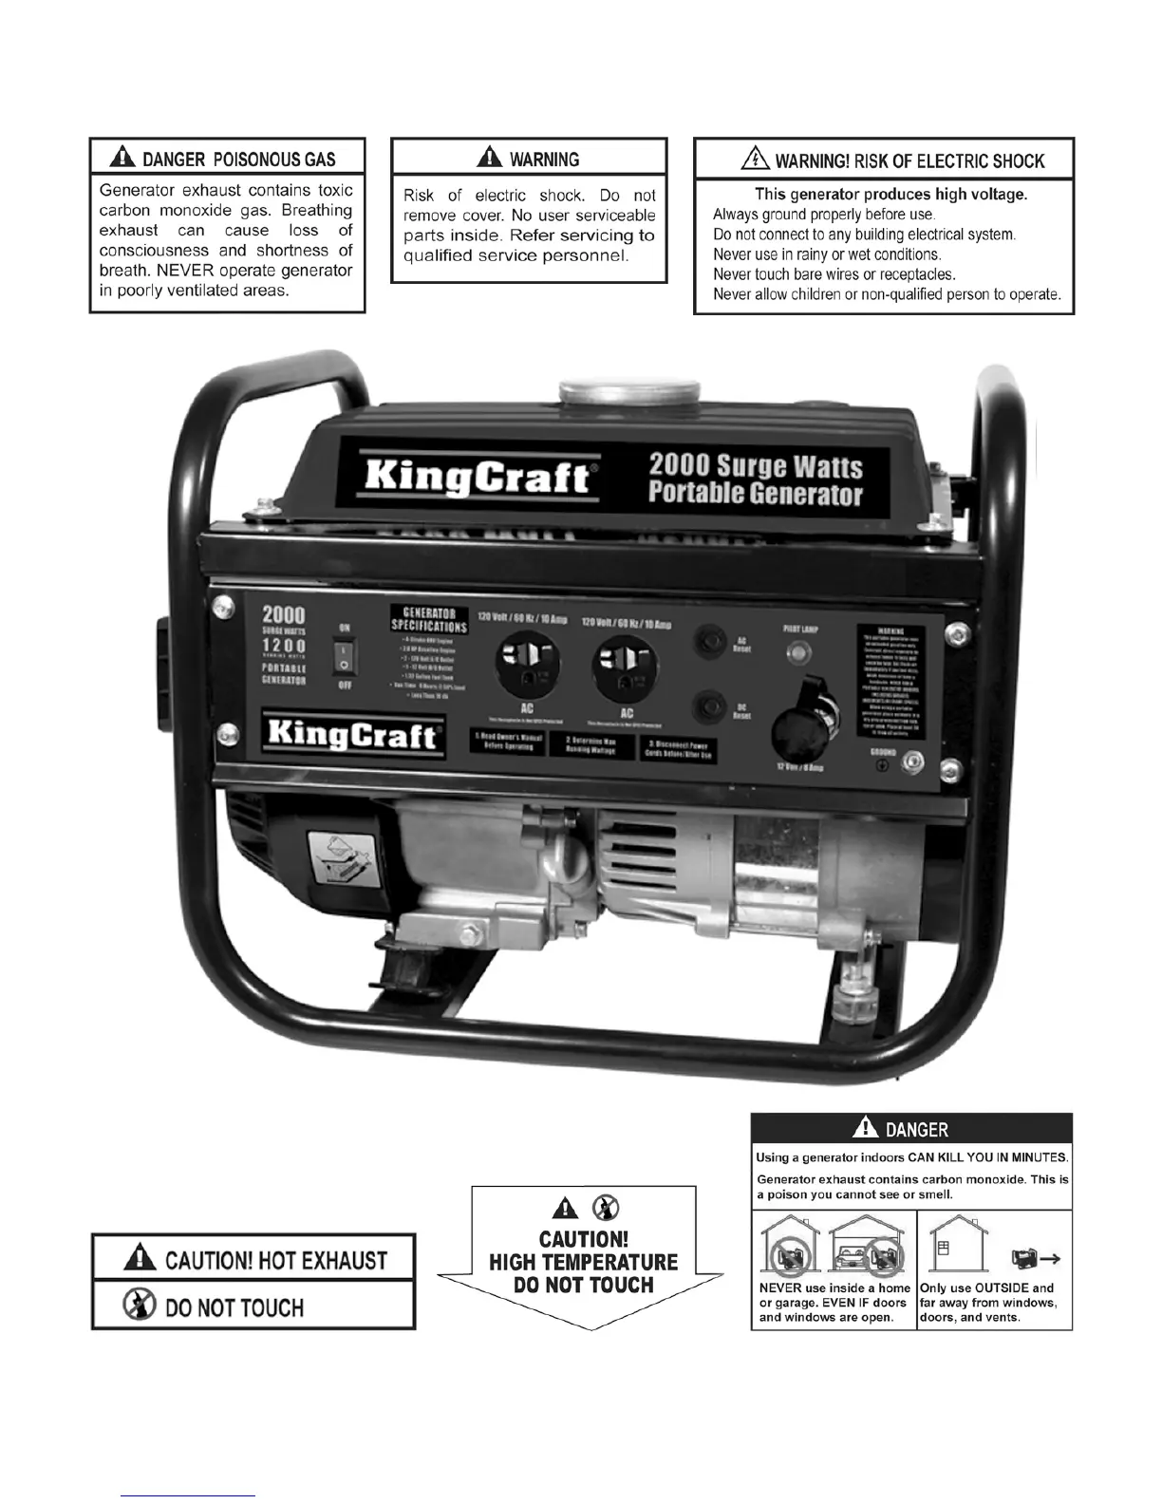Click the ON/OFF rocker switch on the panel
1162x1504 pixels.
click(x=344, y=656)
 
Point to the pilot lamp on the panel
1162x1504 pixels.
click(x=799, y=653)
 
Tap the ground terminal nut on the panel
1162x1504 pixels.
click(x=912, y=761)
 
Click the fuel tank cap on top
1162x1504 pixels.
click(x=629, y=391)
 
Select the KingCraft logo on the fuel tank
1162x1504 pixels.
click(x=478, y=475)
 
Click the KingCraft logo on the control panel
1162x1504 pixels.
click(x=352, y=734)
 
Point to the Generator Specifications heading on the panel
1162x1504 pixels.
click(x=429, y=620)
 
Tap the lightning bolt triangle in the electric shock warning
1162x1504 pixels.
click(x=756, y=160)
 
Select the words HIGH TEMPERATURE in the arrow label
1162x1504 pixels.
click(x=583, y=1262)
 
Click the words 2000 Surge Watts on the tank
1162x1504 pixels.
click(x=756, y=466)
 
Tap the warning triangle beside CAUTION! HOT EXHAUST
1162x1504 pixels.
click(x=141, y=1258)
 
